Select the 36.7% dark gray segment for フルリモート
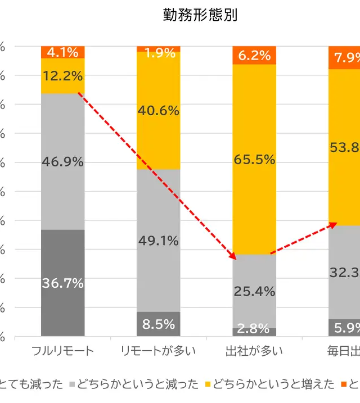coord(62,283)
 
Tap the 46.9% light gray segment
coord(62,161)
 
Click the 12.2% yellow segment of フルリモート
coord(62,75)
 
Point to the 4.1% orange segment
coord(62,52)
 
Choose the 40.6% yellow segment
coord(158,110)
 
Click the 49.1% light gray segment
coord(158,241)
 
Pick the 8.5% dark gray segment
coord(158,324)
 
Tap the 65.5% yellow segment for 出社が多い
coord(254,159)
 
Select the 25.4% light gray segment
coord(254,291)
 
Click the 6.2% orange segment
coord(254,55)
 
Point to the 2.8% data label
coord(254,327)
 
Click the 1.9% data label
coord(158,53)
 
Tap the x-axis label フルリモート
coord(62,352)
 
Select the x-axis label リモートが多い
coord(158,352)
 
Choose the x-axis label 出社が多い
coord(254,352)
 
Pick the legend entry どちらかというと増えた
coord(269,384)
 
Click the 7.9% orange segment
coord(344,57)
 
